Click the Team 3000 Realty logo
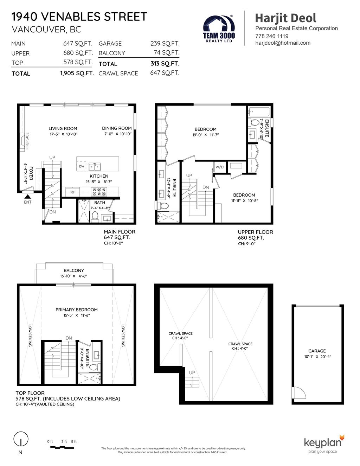point(219,29)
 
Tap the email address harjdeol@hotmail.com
point(283,43)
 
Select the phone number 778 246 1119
point(272,36)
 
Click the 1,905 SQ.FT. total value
point(77,74)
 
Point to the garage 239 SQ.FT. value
point(165,44)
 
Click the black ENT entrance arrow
point(28,197)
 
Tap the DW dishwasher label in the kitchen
point(82,166)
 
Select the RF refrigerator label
point(72,192)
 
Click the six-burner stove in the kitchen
point(99,192)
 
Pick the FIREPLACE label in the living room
point(27,141)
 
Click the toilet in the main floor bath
point(95,216)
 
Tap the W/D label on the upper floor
point(219,167)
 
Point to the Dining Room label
point(117,128)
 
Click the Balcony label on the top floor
point(74,270)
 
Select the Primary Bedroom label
point(77,309)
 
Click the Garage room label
point(317,351)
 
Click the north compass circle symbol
point(21,439)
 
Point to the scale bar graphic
point(62,448)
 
